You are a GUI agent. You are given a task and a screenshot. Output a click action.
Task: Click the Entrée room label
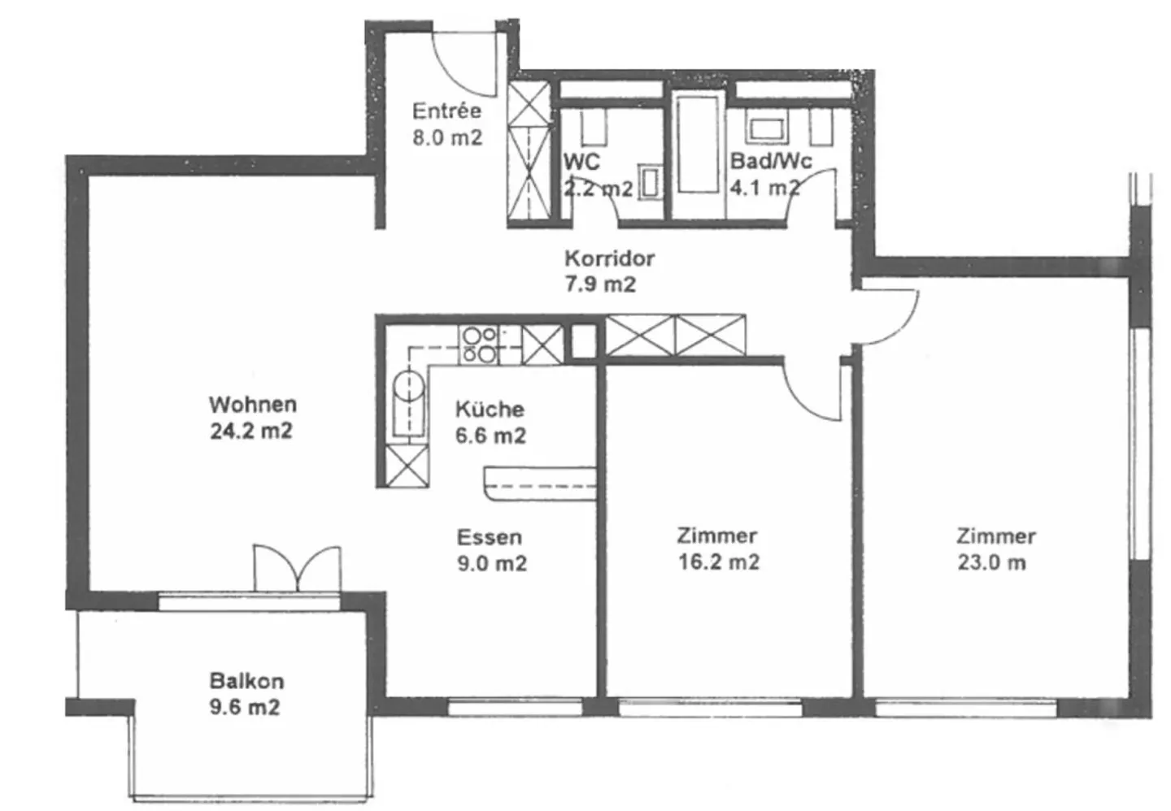click(x=446, y=111)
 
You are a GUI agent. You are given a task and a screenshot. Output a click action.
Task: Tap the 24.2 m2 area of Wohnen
click(x=251, y=432)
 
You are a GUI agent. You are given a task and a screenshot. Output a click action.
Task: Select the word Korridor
click(x=610, y=258)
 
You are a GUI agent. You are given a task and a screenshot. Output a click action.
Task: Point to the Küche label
click(x=490, y=409)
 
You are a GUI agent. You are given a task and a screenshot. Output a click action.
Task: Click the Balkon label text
click(x=246, y=682)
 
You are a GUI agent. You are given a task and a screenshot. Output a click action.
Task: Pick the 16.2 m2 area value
click(x=719, y=562)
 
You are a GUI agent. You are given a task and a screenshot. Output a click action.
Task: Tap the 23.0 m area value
click(x=992, y=563)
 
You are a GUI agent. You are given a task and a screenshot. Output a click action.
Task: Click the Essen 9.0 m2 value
click(x=492, y=564)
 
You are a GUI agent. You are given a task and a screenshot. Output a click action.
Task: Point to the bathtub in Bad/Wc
click(x=698, y=144)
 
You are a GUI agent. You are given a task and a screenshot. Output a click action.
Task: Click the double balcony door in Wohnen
click(x=297, y=569)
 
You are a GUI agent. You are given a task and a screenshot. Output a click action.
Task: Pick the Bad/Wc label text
click(x=771, y=161)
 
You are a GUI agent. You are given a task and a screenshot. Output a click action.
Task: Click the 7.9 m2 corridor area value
click(x=600, y=284)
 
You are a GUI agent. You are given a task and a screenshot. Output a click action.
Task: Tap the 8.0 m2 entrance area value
click(x=447, y=138)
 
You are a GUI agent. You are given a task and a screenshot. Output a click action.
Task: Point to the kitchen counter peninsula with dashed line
click(x=540, y=484)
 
